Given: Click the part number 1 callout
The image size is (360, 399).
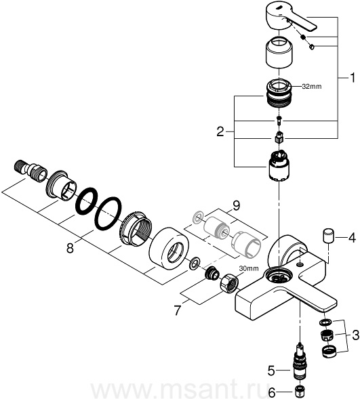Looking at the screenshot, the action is pyautogui.click(x=352, y=78).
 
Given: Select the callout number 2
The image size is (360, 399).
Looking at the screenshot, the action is pyautogui.click(x=220, y=132).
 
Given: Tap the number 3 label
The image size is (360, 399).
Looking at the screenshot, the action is pyautogui.click(x=355, y=335).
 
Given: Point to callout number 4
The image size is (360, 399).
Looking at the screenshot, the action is pyautogui.click(x=352, y=238).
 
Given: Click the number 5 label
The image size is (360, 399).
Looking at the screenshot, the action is pyautogui.click(x=271, y=371).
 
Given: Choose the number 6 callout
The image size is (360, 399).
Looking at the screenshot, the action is pyautogui.click(x=272, y=393).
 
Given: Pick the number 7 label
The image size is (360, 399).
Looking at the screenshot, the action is pyautogui.click(x=178, y=310).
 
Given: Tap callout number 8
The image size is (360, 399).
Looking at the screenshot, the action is pyautogui.click(x=70, y=248).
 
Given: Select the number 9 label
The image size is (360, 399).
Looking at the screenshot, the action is pyautogui.click(x=236, y=206).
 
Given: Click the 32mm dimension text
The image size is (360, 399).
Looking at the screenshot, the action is pyautogui.click(x=312, y=87).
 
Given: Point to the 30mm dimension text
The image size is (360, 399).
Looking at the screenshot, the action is pyautogui.click(x=249, y=268).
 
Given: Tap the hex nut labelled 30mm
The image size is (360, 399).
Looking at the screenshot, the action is pyautogui.click(x=229, y=283).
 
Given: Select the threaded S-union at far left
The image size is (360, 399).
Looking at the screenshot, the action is pyautogui.click(x=30, y=169).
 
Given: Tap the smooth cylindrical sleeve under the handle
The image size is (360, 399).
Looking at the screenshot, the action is pyautogui.click(x=279, y=53).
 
